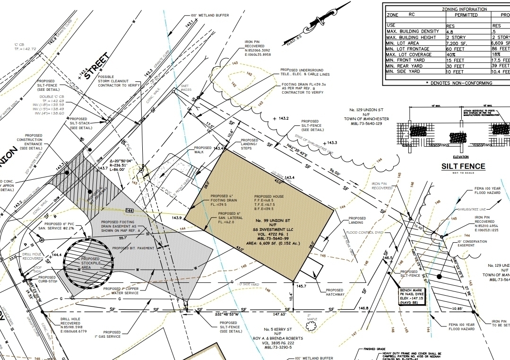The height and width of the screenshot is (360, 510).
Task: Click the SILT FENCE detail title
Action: pos(463,166)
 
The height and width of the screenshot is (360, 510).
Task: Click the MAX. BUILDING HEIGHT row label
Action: pos(411,37)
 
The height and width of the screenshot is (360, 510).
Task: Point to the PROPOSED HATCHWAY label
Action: pos(335,292)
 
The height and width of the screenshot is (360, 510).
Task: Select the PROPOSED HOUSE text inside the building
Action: pos(268,196)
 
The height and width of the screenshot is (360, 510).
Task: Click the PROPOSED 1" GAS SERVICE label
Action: pos(112,334)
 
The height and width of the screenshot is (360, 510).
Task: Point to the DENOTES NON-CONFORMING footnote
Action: pos(461,83)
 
